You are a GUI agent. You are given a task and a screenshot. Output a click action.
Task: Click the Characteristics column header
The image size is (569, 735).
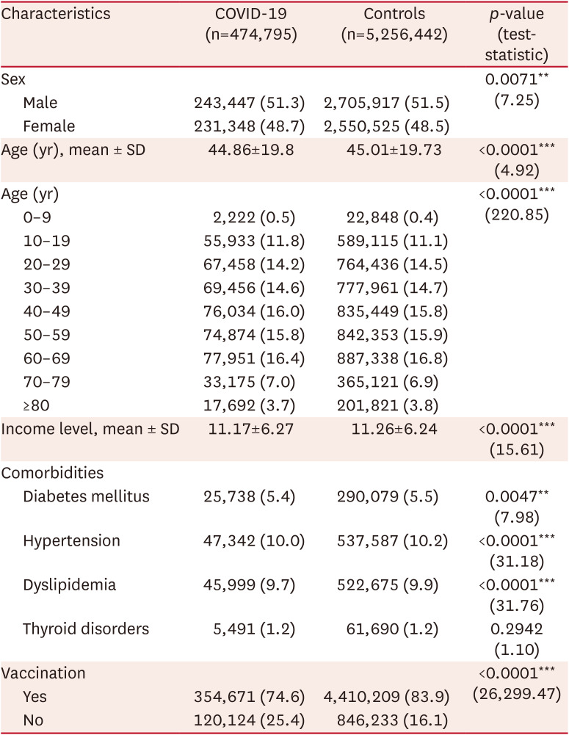[56, 15]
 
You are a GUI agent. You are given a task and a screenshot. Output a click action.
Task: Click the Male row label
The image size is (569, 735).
[40, 103]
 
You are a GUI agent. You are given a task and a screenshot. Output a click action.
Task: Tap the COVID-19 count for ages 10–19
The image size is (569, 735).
[250, 240]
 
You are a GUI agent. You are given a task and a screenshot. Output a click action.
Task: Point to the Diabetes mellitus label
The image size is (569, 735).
[86, 496]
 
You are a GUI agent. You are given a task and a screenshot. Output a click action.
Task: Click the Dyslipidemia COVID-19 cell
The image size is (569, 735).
[250, 584]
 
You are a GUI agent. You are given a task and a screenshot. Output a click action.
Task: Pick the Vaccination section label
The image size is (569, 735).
[44, 673]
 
